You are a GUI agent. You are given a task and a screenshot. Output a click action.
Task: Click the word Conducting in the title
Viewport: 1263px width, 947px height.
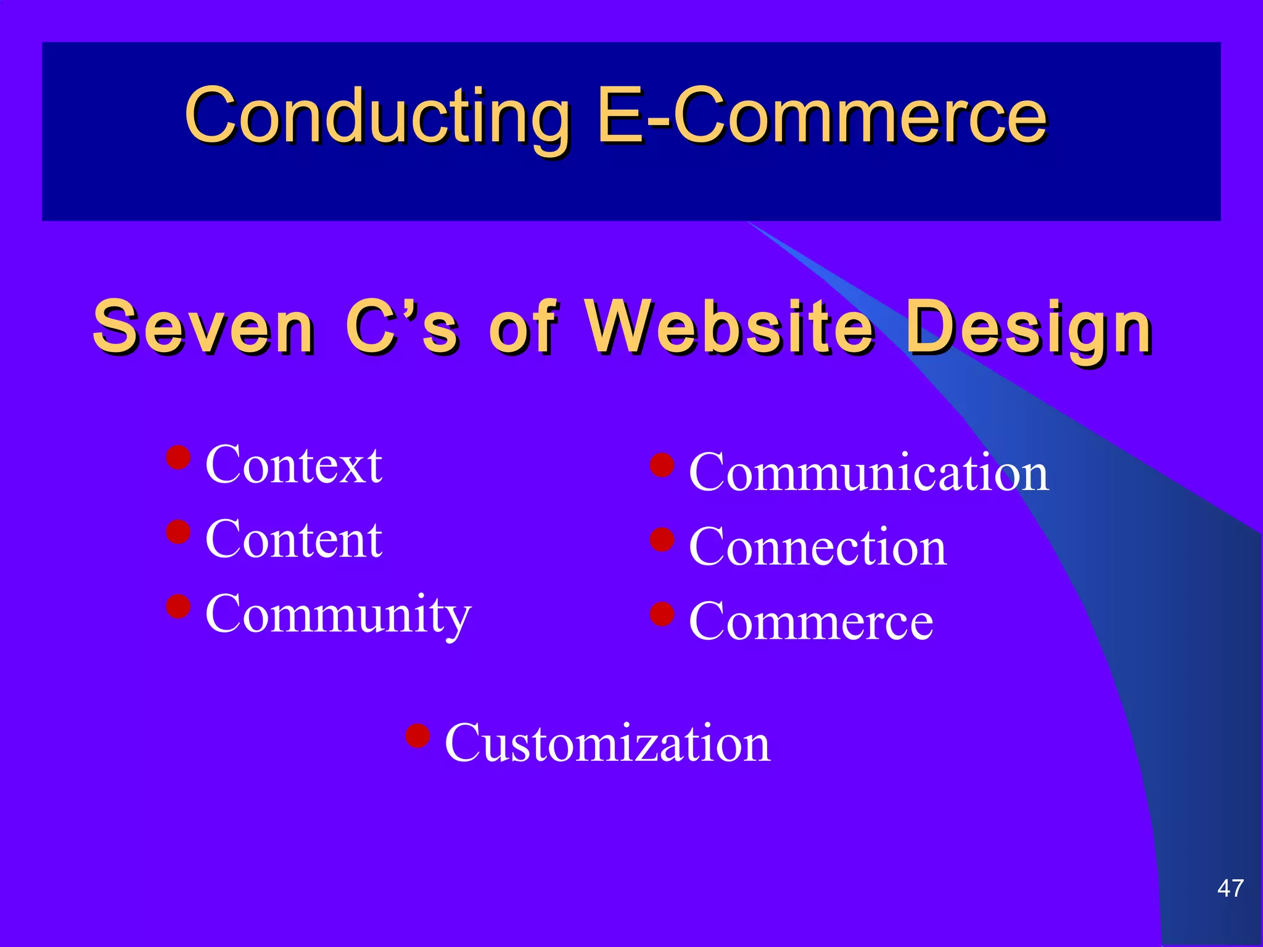[377, 116]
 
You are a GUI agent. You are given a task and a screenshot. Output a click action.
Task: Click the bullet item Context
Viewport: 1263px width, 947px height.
[294, 465]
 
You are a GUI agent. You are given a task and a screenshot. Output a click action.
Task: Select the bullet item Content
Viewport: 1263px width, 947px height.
[294, 539]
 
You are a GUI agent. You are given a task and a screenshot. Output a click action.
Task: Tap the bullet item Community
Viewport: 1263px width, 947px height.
[338, 614]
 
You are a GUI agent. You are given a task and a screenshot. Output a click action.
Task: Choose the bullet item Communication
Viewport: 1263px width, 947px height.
[868, 472]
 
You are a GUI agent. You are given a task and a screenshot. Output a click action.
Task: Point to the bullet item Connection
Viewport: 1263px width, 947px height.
[817, 547]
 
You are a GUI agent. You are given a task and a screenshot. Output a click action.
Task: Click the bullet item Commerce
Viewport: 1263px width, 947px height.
[810, 621]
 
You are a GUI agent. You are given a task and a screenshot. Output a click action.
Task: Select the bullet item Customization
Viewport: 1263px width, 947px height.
[607, 743]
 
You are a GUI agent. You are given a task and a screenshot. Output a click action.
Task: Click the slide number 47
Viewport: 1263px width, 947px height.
[1230, 888]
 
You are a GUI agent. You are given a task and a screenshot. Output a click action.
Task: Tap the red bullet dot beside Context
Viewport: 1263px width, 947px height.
[178, 457]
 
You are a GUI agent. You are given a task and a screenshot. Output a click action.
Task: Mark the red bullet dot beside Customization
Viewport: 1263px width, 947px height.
[418, 735]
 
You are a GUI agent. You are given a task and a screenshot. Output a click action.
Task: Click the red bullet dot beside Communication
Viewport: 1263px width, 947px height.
[662, 465]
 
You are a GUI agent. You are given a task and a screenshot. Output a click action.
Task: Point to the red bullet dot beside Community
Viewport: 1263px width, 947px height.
[178, 606]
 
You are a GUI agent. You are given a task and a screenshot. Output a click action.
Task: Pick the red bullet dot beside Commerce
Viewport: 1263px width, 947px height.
[662, 614]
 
